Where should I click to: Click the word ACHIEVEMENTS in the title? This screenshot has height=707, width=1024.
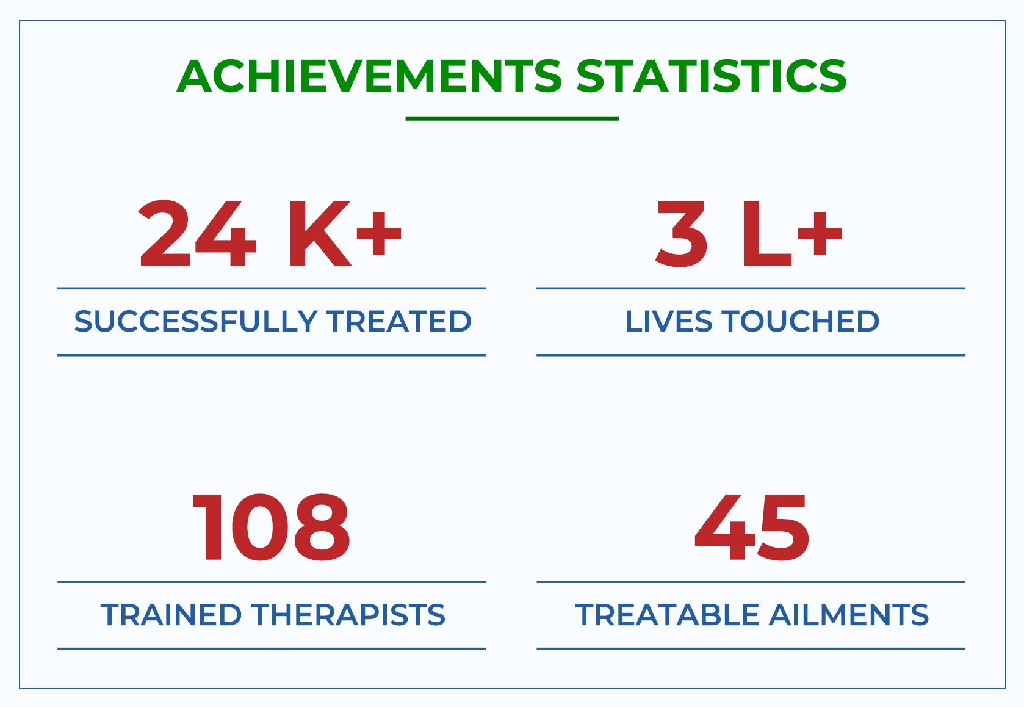pyautogui.click(x=369, y=76)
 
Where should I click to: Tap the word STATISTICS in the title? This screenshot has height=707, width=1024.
pyautogui.click(x=712, y=76)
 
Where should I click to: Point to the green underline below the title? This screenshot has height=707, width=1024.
pyautogui.click(x=512, y=118)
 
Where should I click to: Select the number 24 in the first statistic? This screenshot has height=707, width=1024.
pyautogui.click(x=197, y=233)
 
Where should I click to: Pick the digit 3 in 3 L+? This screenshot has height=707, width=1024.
pyautogui.click(x=681, y=233)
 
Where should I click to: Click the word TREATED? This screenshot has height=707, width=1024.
pyautogui.click(x=398, y=321)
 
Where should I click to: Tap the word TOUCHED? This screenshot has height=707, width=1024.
pyautogui.click(x=801, y=321)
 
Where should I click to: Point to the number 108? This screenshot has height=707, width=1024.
pyautogui.click(x=271, y=528)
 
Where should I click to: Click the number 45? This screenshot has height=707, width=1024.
pyautogui.click(x=752, y=528)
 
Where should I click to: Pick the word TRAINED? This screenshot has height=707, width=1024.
pyautogui.click(x=171, y=615)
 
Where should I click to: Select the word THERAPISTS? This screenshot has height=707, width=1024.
pyautogui.click(x=348, y=615)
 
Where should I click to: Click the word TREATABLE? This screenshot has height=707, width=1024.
pyautogui.click(x=668, y=615)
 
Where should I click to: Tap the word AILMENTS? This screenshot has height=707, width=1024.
pyautogui.click(x=848, y=615)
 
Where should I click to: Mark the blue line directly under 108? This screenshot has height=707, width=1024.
pyautogui.click(x=272, y=582)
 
